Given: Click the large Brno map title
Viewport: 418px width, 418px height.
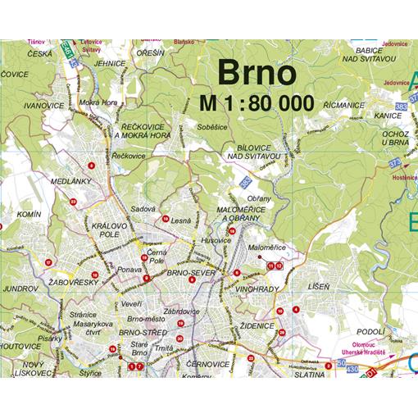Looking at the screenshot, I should (256, 72).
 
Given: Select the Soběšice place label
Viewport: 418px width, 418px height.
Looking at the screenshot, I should (211, 127).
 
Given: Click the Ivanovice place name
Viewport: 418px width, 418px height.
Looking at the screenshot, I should (45, 106).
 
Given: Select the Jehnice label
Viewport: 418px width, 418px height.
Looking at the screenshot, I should (109, 62).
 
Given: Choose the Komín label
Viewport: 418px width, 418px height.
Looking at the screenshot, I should (28, 214).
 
